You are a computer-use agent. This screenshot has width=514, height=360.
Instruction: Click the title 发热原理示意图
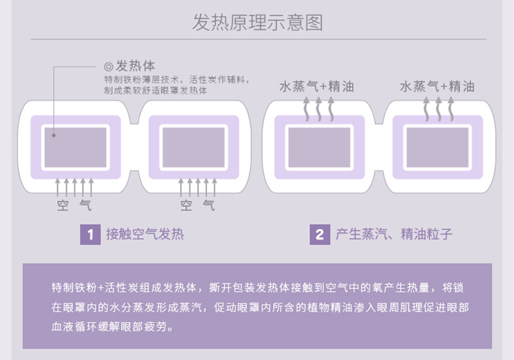(257, 23)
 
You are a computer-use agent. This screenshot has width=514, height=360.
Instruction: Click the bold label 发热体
(135, 66)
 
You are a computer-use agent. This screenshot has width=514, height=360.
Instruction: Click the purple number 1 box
(90, 234)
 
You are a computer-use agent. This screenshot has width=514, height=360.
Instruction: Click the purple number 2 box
(319, 234)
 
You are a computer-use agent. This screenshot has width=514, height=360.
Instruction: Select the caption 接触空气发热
(145, 234)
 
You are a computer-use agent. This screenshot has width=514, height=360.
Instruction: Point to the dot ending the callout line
(55, 136)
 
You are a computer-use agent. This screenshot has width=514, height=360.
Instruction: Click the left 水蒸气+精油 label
(316, 86)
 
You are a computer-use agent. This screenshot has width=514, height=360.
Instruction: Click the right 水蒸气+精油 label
(437, 86)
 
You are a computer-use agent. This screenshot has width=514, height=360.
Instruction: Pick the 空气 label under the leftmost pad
(74, 206)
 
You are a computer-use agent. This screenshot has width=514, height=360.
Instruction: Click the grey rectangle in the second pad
(193, 147)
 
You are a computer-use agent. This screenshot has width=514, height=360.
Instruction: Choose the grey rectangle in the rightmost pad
(437, 147)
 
